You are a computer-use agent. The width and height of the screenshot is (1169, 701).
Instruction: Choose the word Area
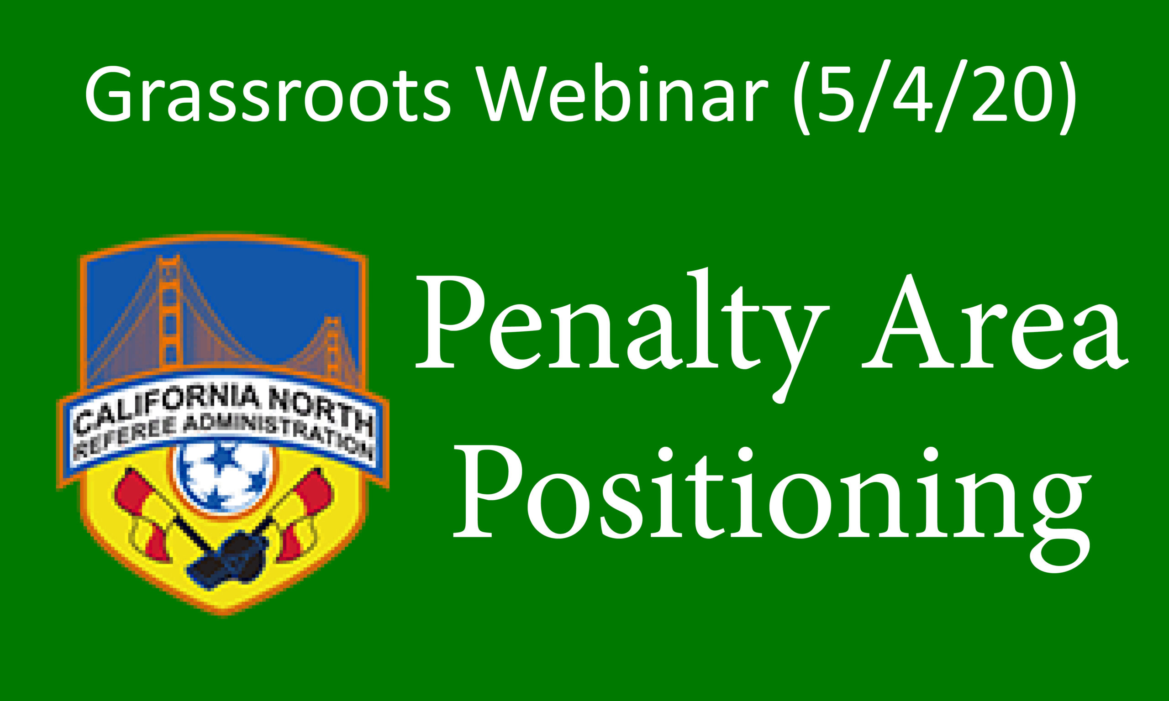pyautogui.click(x=995, y=324)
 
